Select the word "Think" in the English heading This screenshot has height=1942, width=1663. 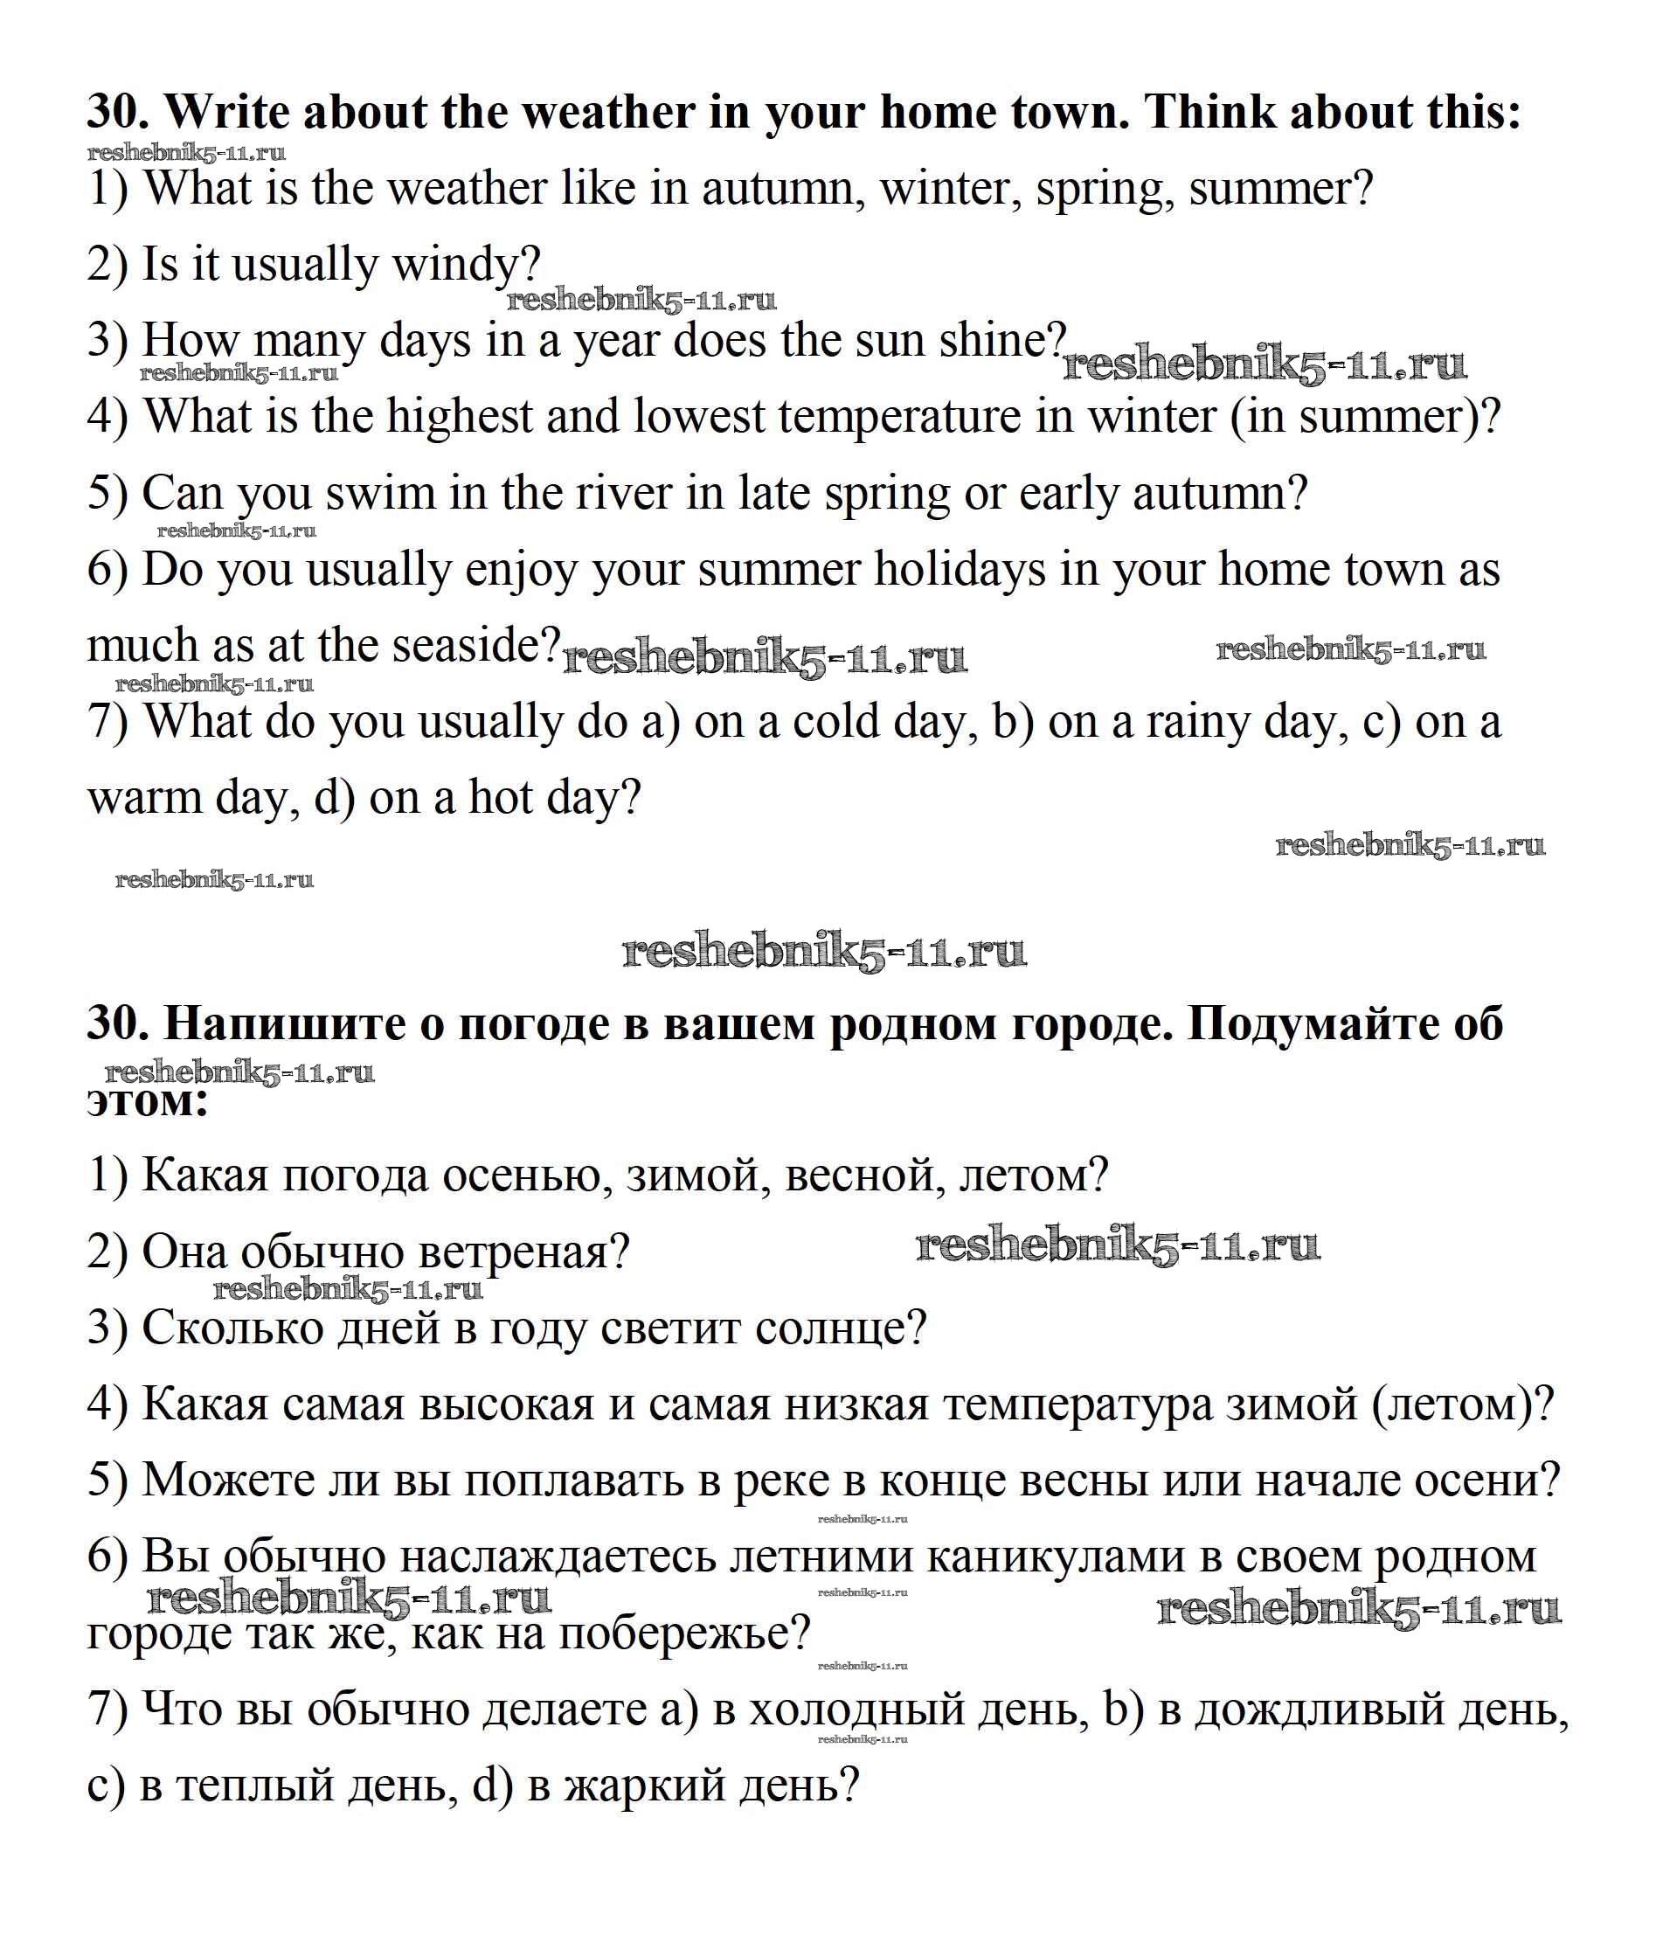(1210, 113)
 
